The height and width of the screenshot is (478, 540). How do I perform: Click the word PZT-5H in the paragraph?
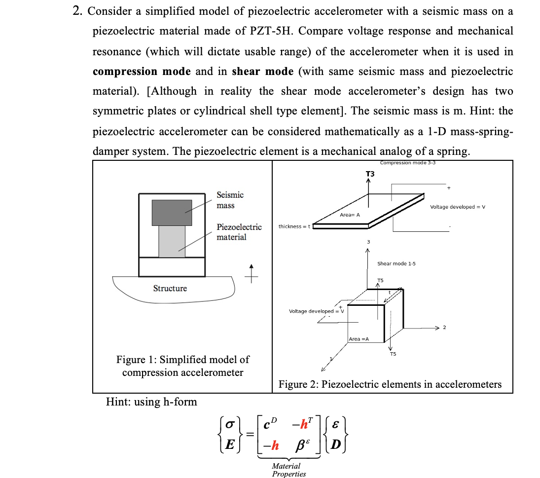point(272,31)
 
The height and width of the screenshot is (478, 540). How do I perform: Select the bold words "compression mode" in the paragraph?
point(142,72)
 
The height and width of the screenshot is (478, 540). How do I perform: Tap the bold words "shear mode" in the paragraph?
point(262,72)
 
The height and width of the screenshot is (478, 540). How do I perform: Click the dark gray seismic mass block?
point(172,213)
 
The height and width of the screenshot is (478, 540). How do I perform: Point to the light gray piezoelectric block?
point(172,242)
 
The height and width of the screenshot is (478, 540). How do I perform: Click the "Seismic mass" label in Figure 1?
point(230,200)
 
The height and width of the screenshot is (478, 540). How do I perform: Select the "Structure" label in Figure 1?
point(170,289)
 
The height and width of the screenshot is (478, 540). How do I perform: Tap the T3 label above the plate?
point(370,174)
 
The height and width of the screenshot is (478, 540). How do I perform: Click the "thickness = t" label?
point(294,226)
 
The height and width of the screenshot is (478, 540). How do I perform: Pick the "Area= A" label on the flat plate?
point(350,215)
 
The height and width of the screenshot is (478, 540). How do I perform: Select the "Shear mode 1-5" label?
point(396,263)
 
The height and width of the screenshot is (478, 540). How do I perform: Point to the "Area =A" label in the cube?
point(359,339)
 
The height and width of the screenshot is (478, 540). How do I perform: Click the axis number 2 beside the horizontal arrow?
point(444,328)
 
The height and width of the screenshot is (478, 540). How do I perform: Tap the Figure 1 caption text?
point(182,366)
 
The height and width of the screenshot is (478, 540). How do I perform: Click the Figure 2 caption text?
point(390,384)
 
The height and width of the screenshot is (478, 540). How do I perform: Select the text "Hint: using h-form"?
point(151,402)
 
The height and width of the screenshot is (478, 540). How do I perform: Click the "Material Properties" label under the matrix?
point(288,470)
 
